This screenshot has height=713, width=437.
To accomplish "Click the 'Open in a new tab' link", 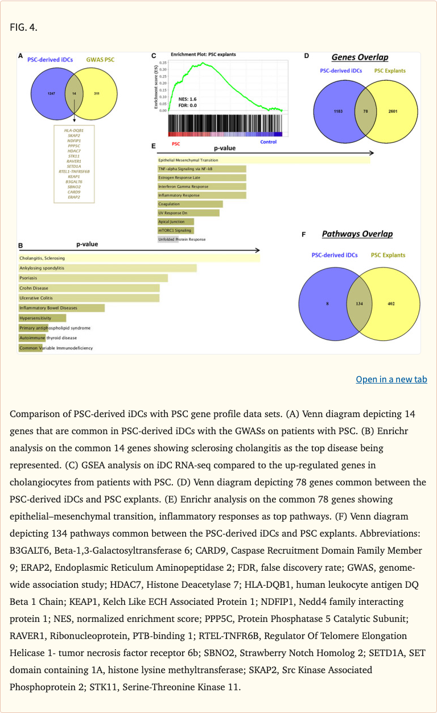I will pos(391,379).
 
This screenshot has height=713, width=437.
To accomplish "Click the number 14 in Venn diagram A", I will pos(74,93).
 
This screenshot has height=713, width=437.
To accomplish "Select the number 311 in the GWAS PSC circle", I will pos(97,93).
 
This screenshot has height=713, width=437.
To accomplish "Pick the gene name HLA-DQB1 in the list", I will pos(74,130).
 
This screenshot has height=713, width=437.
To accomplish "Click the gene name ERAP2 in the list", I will pos(74,197).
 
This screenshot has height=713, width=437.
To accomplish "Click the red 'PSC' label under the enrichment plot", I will pos(176,143).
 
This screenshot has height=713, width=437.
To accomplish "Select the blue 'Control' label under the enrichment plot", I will pos(268,142).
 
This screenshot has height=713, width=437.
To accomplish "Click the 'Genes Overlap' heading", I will pos(360,57).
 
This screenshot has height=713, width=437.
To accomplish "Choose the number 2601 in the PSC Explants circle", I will pos(393,111).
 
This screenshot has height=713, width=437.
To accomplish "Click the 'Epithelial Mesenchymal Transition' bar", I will pos(263,160).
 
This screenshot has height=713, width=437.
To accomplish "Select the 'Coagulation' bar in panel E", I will pos(190,204).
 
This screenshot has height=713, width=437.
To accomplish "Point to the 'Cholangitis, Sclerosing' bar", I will pos(139,258).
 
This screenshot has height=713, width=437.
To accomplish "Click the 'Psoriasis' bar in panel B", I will pos(93,278).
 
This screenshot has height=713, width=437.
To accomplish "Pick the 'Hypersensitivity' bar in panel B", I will pos(42,318).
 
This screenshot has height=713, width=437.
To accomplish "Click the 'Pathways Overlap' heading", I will pos(357,234).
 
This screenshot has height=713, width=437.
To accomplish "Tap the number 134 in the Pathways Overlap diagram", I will pos(359,304).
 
